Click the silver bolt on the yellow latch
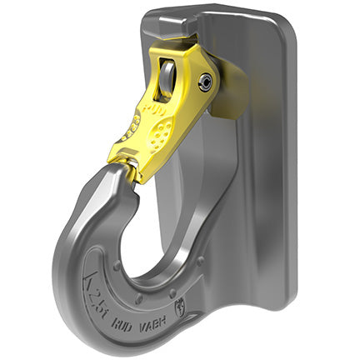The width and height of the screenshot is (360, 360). click(204, 80)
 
